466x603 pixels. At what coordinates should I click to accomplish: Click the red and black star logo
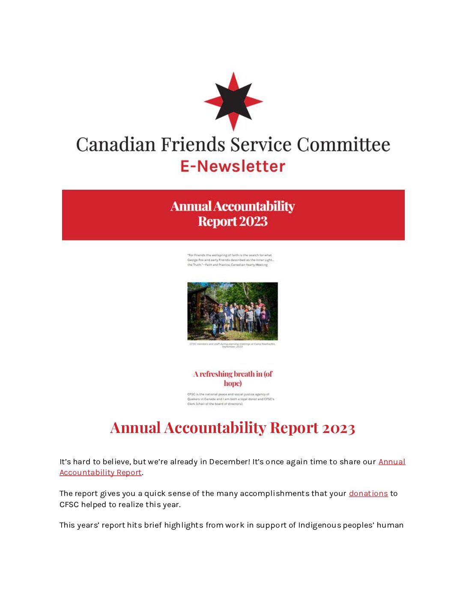pos(233,101)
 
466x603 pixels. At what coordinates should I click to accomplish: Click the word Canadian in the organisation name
pos(116,145)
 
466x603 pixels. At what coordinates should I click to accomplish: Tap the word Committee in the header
pos(344,145)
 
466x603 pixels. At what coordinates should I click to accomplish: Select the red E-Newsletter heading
pos(233,166)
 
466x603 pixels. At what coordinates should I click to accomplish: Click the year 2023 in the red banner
pos(253,221)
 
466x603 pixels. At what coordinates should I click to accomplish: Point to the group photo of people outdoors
pos(233,311)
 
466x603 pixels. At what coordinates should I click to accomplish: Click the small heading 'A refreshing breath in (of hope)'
pos(233,379)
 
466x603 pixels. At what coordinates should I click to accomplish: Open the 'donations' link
pos(368,493)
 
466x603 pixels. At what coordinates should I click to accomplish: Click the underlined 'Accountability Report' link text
pos(100,472)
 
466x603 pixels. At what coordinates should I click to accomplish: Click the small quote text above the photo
pos(230,260)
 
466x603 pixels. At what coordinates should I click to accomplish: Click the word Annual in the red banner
pos(191,206)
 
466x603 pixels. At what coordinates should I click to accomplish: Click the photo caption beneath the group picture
pos(233,345)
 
